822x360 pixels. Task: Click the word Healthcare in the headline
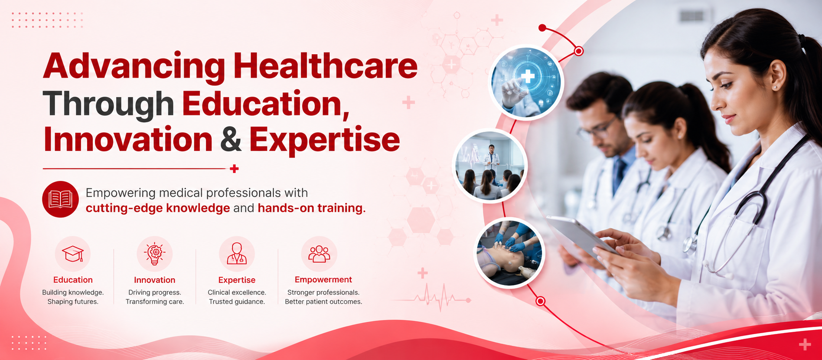pyautogui.click(x=325, y=66)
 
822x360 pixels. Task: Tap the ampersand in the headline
pyautogui.click(x=231, y=140)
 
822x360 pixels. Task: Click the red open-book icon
pyautogui.click(x=61, y=199)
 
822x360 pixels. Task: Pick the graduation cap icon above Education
pyautogui.click(x=73, y=254)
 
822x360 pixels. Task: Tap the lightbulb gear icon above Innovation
pyautogui.click(x=155, y=254)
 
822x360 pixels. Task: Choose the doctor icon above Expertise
pyautogui.click(x=237, y=254)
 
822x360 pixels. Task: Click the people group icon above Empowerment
pyautogui.click(x=319, y=254)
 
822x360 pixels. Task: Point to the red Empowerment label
pyautogui.click(x=323, y=280)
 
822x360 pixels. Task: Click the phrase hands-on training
pyautogui.click(x=312, y=208)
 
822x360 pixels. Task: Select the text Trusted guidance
pyautogui.click(x=237, y=301)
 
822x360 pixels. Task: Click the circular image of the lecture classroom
pyautogui.click(x=490, y=166)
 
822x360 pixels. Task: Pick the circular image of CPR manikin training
pyautogui.click(x=509, y=253)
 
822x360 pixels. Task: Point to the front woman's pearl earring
pyautogui.click(x=775, y=87)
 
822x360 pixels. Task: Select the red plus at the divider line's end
pyautogui.click(x=234, y=169)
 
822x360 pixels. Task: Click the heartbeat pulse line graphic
pyautogui.click(x=434, y=298)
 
